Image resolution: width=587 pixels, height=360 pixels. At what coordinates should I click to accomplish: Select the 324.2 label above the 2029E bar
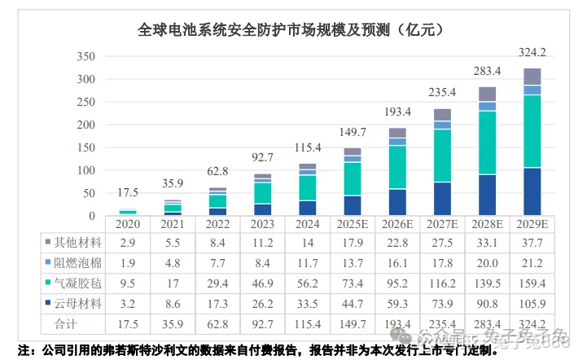point(532,53)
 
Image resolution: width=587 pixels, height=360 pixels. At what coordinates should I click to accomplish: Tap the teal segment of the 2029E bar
point(532,131)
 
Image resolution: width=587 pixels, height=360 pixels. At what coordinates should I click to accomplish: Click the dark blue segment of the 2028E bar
point(487,195)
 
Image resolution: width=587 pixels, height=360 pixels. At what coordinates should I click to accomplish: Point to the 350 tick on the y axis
point(85,57)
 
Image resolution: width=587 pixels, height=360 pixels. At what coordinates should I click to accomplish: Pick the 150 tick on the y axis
point(85,148)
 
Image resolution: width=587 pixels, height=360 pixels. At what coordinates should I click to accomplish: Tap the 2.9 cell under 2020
point(128,244)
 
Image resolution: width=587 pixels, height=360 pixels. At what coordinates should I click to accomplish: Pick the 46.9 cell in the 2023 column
point(262,282)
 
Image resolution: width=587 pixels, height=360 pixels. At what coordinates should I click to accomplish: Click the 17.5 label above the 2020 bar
point(128,193)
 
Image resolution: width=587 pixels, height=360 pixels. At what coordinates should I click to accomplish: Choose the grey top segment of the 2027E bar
point(442,114)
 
